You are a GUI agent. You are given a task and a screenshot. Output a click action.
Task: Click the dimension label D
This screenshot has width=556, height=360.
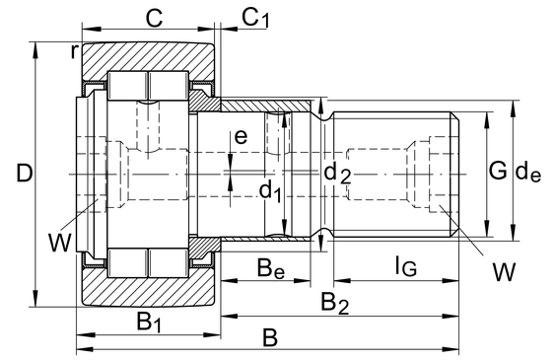coord(25,173)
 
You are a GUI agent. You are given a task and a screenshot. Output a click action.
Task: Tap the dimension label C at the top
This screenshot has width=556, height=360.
coord(155,18)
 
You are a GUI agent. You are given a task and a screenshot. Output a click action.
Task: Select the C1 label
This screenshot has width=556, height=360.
coord(255,18)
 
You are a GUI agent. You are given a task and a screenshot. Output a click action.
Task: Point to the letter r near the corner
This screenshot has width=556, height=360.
coord(73,52)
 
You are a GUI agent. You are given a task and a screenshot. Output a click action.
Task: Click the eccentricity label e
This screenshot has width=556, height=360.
coord(242,136)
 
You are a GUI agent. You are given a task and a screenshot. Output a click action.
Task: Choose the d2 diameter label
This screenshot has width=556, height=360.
coord(337,174)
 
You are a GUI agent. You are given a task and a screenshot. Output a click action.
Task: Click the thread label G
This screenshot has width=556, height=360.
coord(498,171)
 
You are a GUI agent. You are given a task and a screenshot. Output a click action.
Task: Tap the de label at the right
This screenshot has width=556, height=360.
coord(528,173)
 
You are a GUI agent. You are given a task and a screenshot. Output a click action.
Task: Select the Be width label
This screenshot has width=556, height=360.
coord(271,268)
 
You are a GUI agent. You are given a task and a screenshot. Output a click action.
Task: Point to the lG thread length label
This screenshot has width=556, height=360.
coord(406,266)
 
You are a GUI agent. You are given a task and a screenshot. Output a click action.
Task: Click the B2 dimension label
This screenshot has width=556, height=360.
coord(335,303)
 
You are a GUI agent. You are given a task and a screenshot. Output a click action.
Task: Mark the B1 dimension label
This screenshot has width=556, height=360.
coord(149,323)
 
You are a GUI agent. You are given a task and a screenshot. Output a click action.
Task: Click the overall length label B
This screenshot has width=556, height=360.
coord(270,337)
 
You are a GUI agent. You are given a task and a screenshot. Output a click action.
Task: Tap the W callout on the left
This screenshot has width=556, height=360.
coord(59,244)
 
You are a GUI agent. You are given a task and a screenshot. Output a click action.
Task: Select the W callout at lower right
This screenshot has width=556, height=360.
coord(504,272)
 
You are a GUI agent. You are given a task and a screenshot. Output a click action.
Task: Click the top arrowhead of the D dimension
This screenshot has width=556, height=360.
coord(35,50)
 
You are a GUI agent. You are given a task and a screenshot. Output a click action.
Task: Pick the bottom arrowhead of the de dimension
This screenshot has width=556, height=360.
coord(513,233)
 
